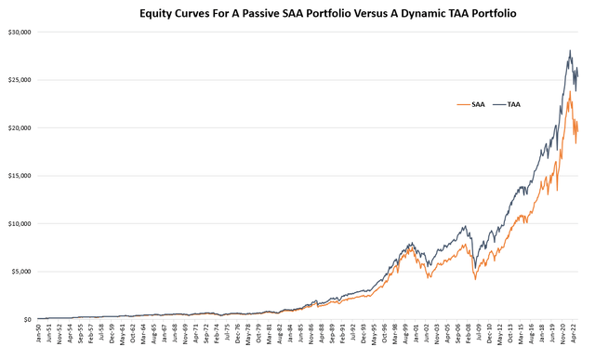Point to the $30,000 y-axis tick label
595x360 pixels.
tap(19, 32)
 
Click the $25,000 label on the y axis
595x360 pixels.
tap(19, 79)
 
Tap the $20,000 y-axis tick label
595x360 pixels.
tap(19, 127)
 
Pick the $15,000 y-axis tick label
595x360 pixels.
tap(19, 176)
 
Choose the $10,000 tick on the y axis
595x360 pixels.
tap(19, 223)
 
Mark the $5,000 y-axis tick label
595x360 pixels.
tap(20, 272)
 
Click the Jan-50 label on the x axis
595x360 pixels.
tap(39, 335)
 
